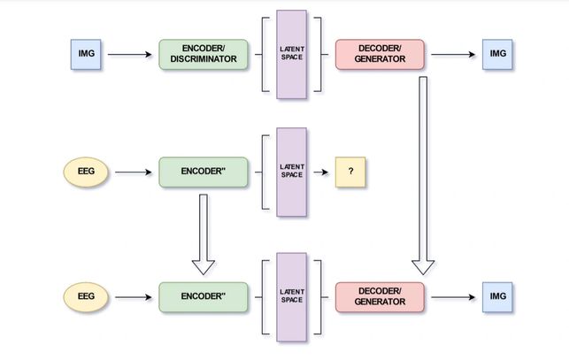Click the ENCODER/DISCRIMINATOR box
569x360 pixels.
pyautogui.click(x=204, y=54)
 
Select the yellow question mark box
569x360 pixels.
pyautogui.click(x=350, y=172)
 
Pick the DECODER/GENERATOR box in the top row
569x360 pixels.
pyautogui.click(x=381, y=54)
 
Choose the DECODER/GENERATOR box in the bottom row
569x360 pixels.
pyautogui.click(x=381, y=296)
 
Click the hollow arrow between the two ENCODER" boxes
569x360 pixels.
pyautogui.click(x=204, y=234)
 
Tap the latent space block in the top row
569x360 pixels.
pyautogui.click(x=291, y=54)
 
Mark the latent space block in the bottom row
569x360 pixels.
pyautogui.click(x=291, y=296)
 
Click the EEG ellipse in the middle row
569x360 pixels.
pyautogui.click(x=86, y=172)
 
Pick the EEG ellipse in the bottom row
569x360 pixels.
pyautogui.click(x=86, y=296)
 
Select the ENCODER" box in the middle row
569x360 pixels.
pyautogui.click(x=204, y=172)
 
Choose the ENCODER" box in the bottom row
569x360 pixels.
pyautogui.click(x=204, y=296)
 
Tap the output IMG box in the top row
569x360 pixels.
pyautogui.click(x=496, y=54)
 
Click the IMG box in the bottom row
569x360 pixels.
pyautogui.click(x=496, y=296)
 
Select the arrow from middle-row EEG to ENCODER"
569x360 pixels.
pyautogui.click(x=134, y=172)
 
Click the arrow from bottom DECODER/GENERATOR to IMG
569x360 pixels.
pyautogui.click(x=453, y=296)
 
